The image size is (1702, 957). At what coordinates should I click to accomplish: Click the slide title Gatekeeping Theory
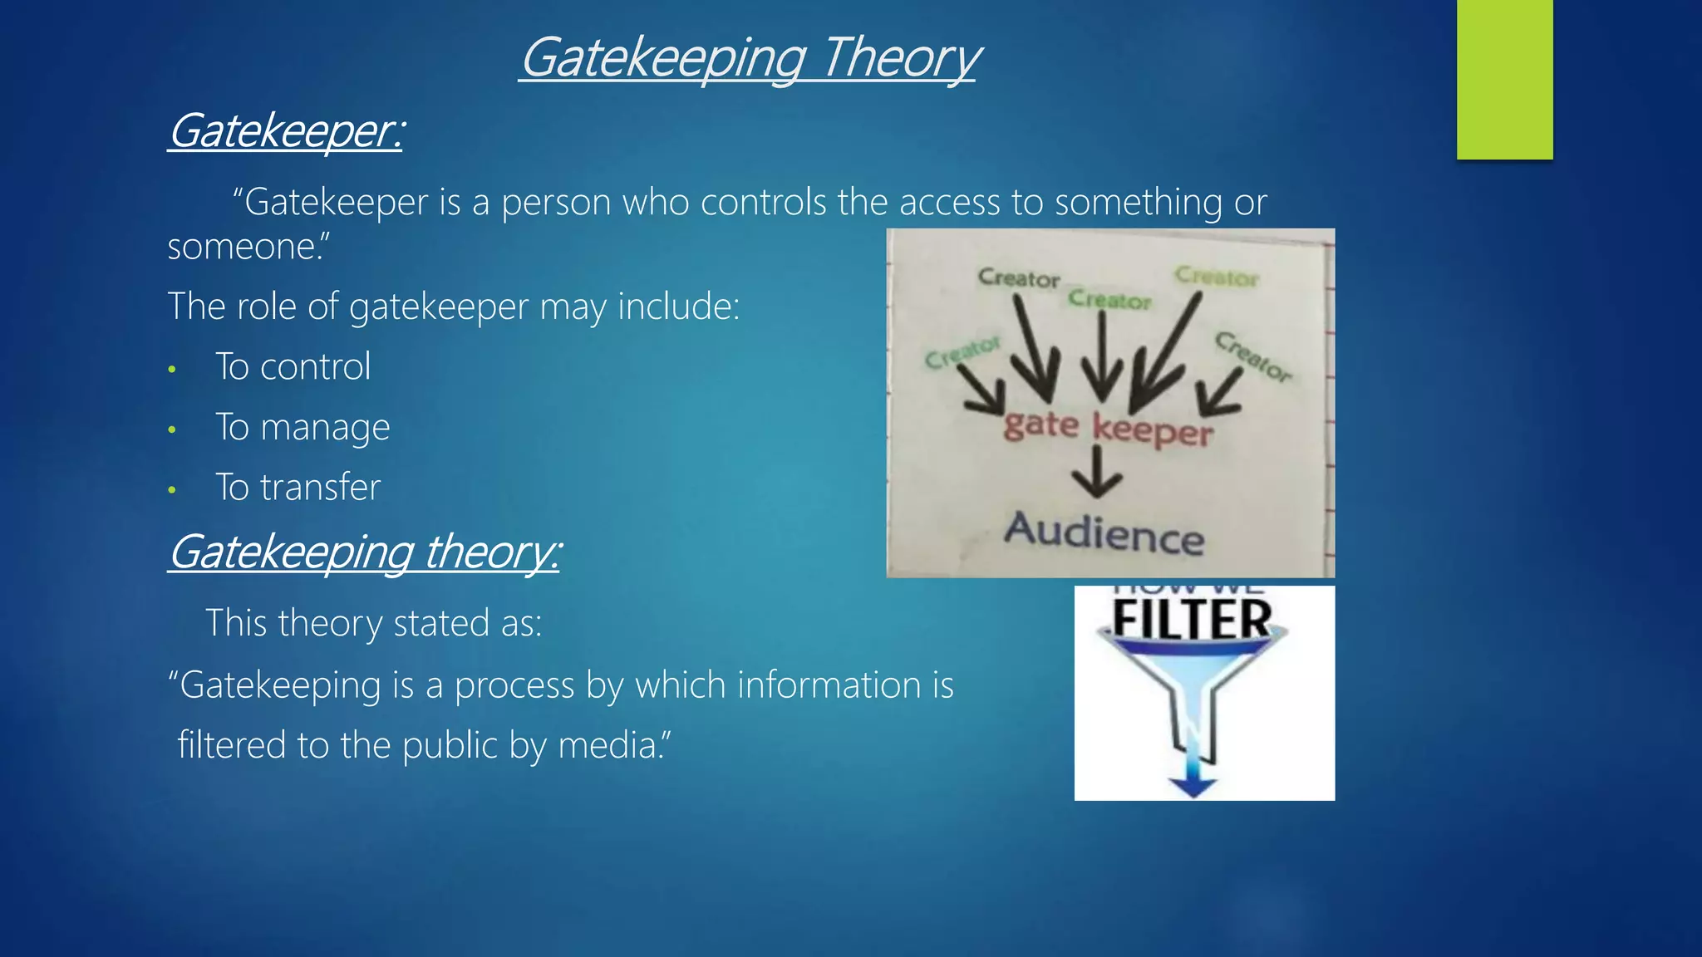tap(750, 58)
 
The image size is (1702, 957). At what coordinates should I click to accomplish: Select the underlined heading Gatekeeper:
tap(285, 131)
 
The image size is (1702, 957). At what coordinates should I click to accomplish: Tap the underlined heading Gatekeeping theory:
tap(364, 552)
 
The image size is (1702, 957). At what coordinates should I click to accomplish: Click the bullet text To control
tap(293, 367)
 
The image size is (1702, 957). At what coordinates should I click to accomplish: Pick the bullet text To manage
tap(302, 428)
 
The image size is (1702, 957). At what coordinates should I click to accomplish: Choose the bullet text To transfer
tap(298, 488)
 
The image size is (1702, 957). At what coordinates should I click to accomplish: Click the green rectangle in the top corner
tap(1504, 79)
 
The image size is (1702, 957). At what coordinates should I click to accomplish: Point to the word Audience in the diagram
tap(1104, 533)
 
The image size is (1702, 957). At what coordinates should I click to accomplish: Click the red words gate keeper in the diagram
tap(1108, 428)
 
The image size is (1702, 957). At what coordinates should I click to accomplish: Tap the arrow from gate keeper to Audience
tap(1097, 474)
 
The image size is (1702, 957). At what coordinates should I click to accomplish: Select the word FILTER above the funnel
tap(1192, 620)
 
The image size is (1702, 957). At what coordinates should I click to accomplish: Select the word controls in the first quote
tap(765, 203)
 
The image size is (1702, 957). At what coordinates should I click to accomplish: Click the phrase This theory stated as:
tap(373, 623)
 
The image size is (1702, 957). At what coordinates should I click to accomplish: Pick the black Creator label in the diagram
tap(1019, 277)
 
